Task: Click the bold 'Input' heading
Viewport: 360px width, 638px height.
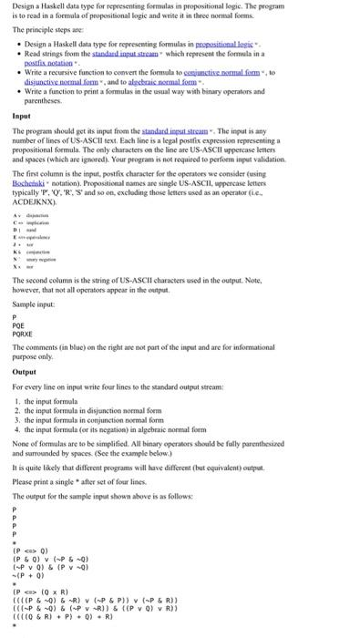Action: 20,118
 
